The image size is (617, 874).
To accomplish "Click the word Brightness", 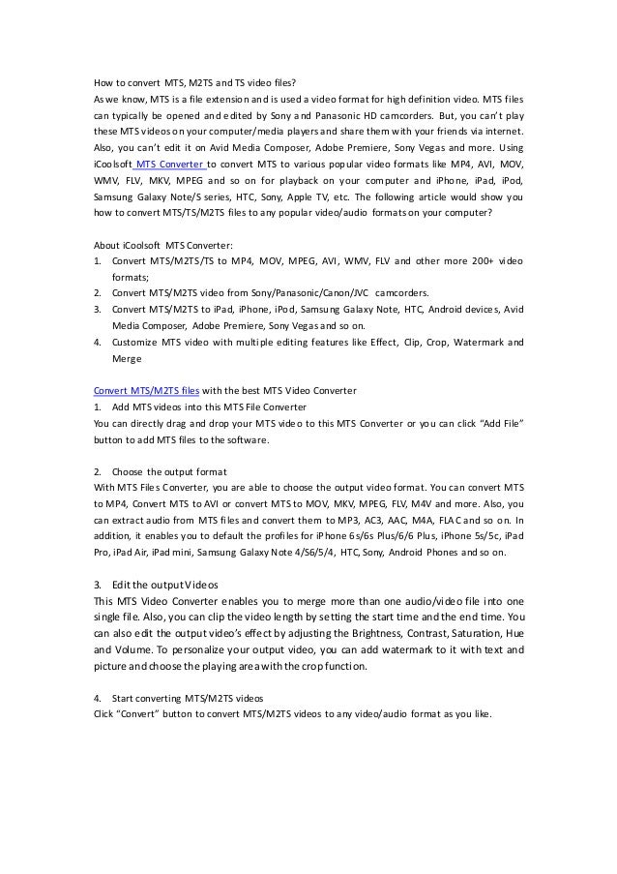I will point(356,635).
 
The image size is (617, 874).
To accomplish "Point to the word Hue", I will point(514,635).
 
